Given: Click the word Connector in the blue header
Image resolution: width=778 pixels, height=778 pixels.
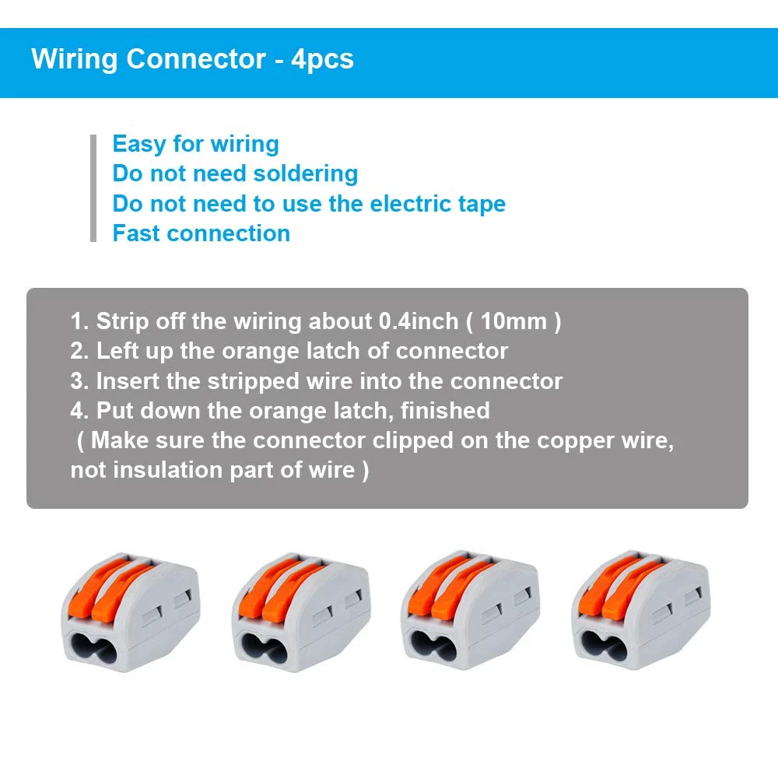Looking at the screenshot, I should click(x=196, y=59).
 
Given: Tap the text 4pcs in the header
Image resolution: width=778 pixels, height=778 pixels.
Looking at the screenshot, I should click(x=322, y=59).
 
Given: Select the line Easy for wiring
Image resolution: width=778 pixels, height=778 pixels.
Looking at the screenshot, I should click(x=195, y=144).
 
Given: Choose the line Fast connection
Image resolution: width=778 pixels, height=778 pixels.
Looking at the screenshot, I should click(x=201, y=233).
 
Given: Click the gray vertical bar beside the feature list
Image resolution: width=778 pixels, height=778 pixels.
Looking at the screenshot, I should click(x=93, y=188).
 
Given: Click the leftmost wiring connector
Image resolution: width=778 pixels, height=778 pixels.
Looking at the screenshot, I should click(x=130, y=611).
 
